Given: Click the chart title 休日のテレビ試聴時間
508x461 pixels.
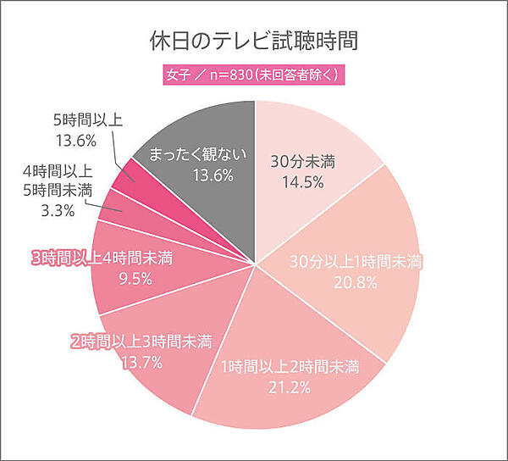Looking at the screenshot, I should (x=254, y=41).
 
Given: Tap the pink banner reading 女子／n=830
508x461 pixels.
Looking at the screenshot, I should (x=254, y=75).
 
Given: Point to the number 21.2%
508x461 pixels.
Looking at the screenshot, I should (x=290, y=388).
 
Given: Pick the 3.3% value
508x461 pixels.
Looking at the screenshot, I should (x=57, y=209).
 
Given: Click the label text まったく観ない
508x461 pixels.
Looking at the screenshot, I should (x=196, y=154).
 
